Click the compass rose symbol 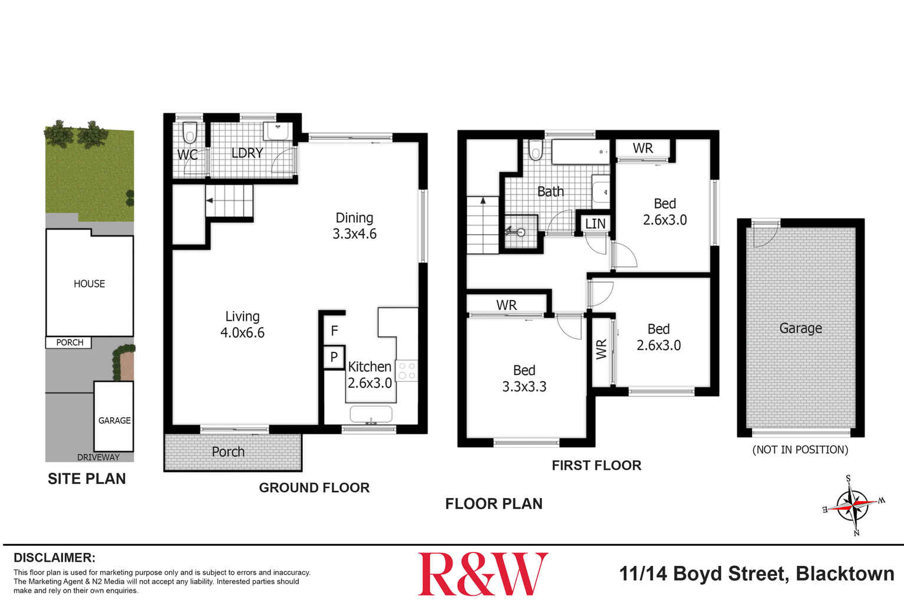853,505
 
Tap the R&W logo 483,574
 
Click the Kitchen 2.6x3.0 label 369,375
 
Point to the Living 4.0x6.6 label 242,325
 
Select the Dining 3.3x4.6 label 354,226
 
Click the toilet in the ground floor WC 190,133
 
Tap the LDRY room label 247,153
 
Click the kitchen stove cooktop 407,371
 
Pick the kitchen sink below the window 371,414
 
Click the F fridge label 334,331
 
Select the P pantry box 334,357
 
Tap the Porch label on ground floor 228,452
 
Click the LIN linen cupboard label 595,224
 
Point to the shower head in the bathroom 519,232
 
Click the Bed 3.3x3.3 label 524,378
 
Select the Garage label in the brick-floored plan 800,328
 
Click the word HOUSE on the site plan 89,284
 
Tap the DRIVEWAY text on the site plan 98,457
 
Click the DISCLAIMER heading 54,558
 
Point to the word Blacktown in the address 844,574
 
